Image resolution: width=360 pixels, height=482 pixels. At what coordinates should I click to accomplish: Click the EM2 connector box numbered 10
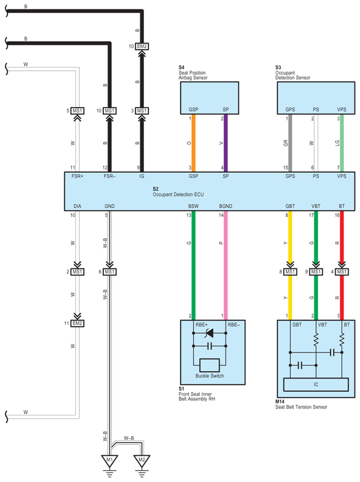pyautogui.click(x=142, y=46)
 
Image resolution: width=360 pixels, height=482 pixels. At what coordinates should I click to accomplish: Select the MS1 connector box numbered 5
pyautogui.click(x=77, y=111)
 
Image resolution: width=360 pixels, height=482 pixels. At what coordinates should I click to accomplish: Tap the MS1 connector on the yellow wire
pyautogui.click(x=290, y=272)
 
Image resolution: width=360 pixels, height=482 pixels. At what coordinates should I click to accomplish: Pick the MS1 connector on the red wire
pyautogui.click(x=342, y=272)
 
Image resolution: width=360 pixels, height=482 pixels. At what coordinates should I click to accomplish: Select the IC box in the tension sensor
pyautogui.click(x=315, y=384)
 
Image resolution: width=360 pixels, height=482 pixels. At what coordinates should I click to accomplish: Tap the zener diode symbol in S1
pyautogui.click(x=209, y=333)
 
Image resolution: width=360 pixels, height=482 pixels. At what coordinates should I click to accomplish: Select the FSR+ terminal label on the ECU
pyautogui.click(x=77, y=176)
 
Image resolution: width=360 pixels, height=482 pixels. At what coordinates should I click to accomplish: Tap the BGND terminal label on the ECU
pyautogui.click(x=225, y=206)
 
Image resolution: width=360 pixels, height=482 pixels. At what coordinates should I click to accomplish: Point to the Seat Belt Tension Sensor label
pyautogui.click(x=301, y=407)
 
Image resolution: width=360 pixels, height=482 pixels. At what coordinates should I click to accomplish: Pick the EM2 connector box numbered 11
pyautogui.click(x=77, y=323)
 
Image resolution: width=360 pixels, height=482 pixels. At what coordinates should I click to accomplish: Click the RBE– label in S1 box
pyautogui.click(x=233, y=325)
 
